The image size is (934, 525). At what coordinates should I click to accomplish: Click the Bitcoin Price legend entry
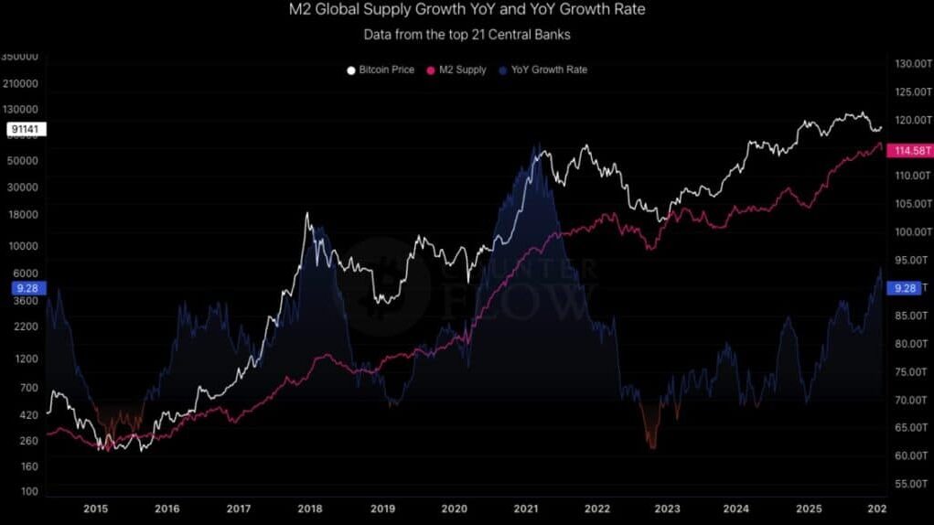pyautogui.click(x=383, y=70)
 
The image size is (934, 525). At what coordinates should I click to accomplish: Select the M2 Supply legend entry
pyautogui.click(x=456, y=70)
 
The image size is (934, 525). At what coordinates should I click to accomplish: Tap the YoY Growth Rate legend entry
pyautogui.click(x=543, y=70)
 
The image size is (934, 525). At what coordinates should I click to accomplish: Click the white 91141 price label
pyautogui.click(x=24, y=130)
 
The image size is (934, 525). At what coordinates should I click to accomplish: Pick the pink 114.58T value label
pyautogui.click(x=912, y=151)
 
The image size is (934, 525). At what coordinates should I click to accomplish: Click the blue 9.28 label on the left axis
pyautogui.click(x=24, y=288)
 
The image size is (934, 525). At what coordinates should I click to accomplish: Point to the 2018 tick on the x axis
pyautogui.click(x=310, y=509)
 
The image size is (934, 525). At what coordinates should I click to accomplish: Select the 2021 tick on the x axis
pyautogui.click(x=525, y=509)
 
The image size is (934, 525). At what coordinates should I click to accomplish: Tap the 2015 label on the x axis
pyautogui.click(x=95, y=509)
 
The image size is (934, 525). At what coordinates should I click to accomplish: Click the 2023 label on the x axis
pyautogui.click(x=668, y=509)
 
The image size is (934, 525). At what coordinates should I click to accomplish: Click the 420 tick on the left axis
pyautogui.click(x=28, y=415)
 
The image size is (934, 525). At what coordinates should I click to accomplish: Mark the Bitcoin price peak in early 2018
pyautogui.click(x=306, y=214)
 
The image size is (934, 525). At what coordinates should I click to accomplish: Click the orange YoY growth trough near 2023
pyautogui.click(x=652, y=445)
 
